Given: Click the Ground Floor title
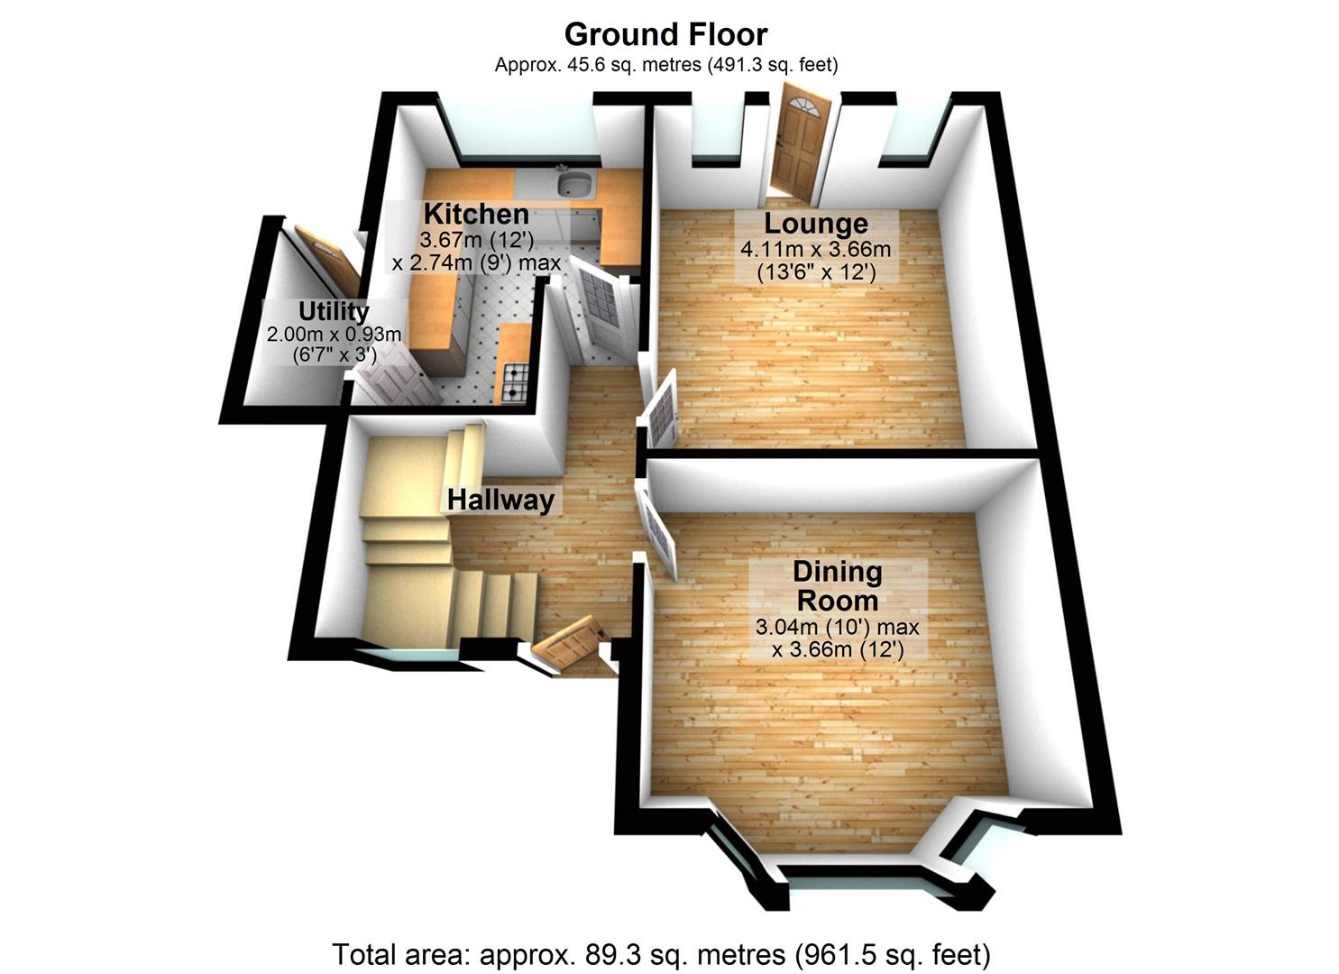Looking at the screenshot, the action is coord(665,34).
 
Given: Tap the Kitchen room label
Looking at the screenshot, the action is coord(476,215).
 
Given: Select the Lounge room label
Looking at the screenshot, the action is coord(816,224).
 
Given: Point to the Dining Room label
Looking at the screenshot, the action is coord(837,586).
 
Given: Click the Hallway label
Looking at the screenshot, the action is coord(500,500).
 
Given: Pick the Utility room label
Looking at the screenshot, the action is coord(334,312).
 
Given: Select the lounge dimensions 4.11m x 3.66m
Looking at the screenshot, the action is coord(816,250).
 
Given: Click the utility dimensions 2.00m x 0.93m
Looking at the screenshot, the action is coord(334,335).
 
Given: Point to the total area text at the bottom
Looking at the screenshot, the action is coord(662,953).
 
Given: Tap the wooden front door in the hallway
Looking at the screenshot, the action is coord(566,641).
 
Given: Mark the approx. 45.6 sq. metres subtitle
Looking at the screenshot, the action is coord(665,65).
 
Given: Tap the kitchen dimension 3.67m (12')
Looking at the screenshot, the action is coord(476,241).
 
